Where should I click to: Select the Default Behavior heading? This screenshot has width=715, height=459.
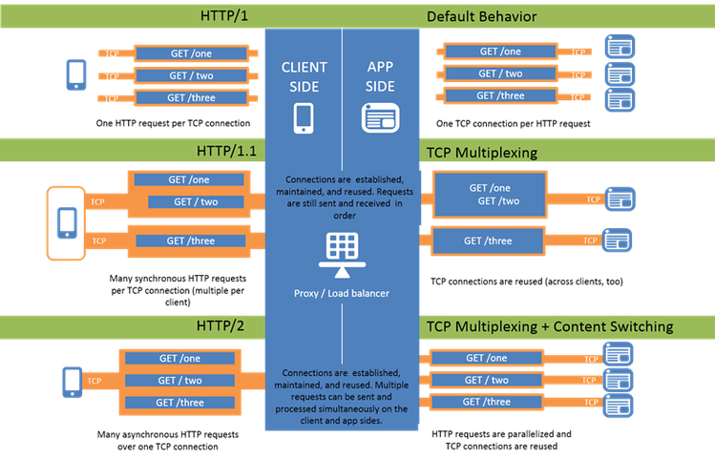(482, 16)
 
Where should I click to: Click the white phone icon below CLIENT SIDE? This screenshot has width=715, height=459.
(304, 116)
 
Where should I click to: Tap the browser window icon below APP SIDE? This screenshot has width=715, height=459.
(379, 117)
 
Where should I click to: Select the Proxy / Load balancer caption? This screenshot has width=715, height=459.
(341, 293)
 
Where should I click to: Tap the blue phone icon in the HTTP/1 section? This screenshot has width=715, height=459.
(76, 74)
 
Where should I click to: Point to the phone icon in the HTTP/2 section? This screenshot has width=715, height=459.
(72, 381)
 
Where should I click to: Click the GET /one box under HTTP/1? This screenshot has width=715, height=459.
(191, 52)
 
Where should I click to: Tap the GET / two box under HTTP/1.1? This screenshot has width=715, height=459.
(195, 201)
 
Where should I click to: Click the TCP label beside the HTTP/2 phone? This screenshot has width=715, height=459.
(95, 381)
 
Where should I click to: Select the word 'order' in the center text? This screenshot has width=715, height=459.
(341, 215)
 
